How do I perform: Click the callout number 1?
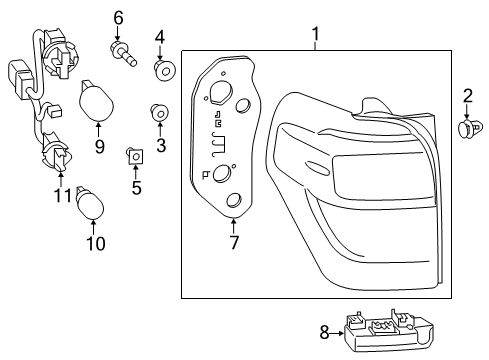click(316, 38)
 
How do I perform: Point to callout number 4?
click(158, 39)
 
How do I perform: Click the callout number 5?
click(137, 186)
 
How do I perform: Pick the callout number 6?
click(118, 17)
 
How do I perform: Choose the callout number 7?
click(234, 242)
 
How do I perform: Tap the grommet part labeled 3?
click(157, 112)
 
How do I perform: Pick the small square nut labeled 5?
click(134, 154)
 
